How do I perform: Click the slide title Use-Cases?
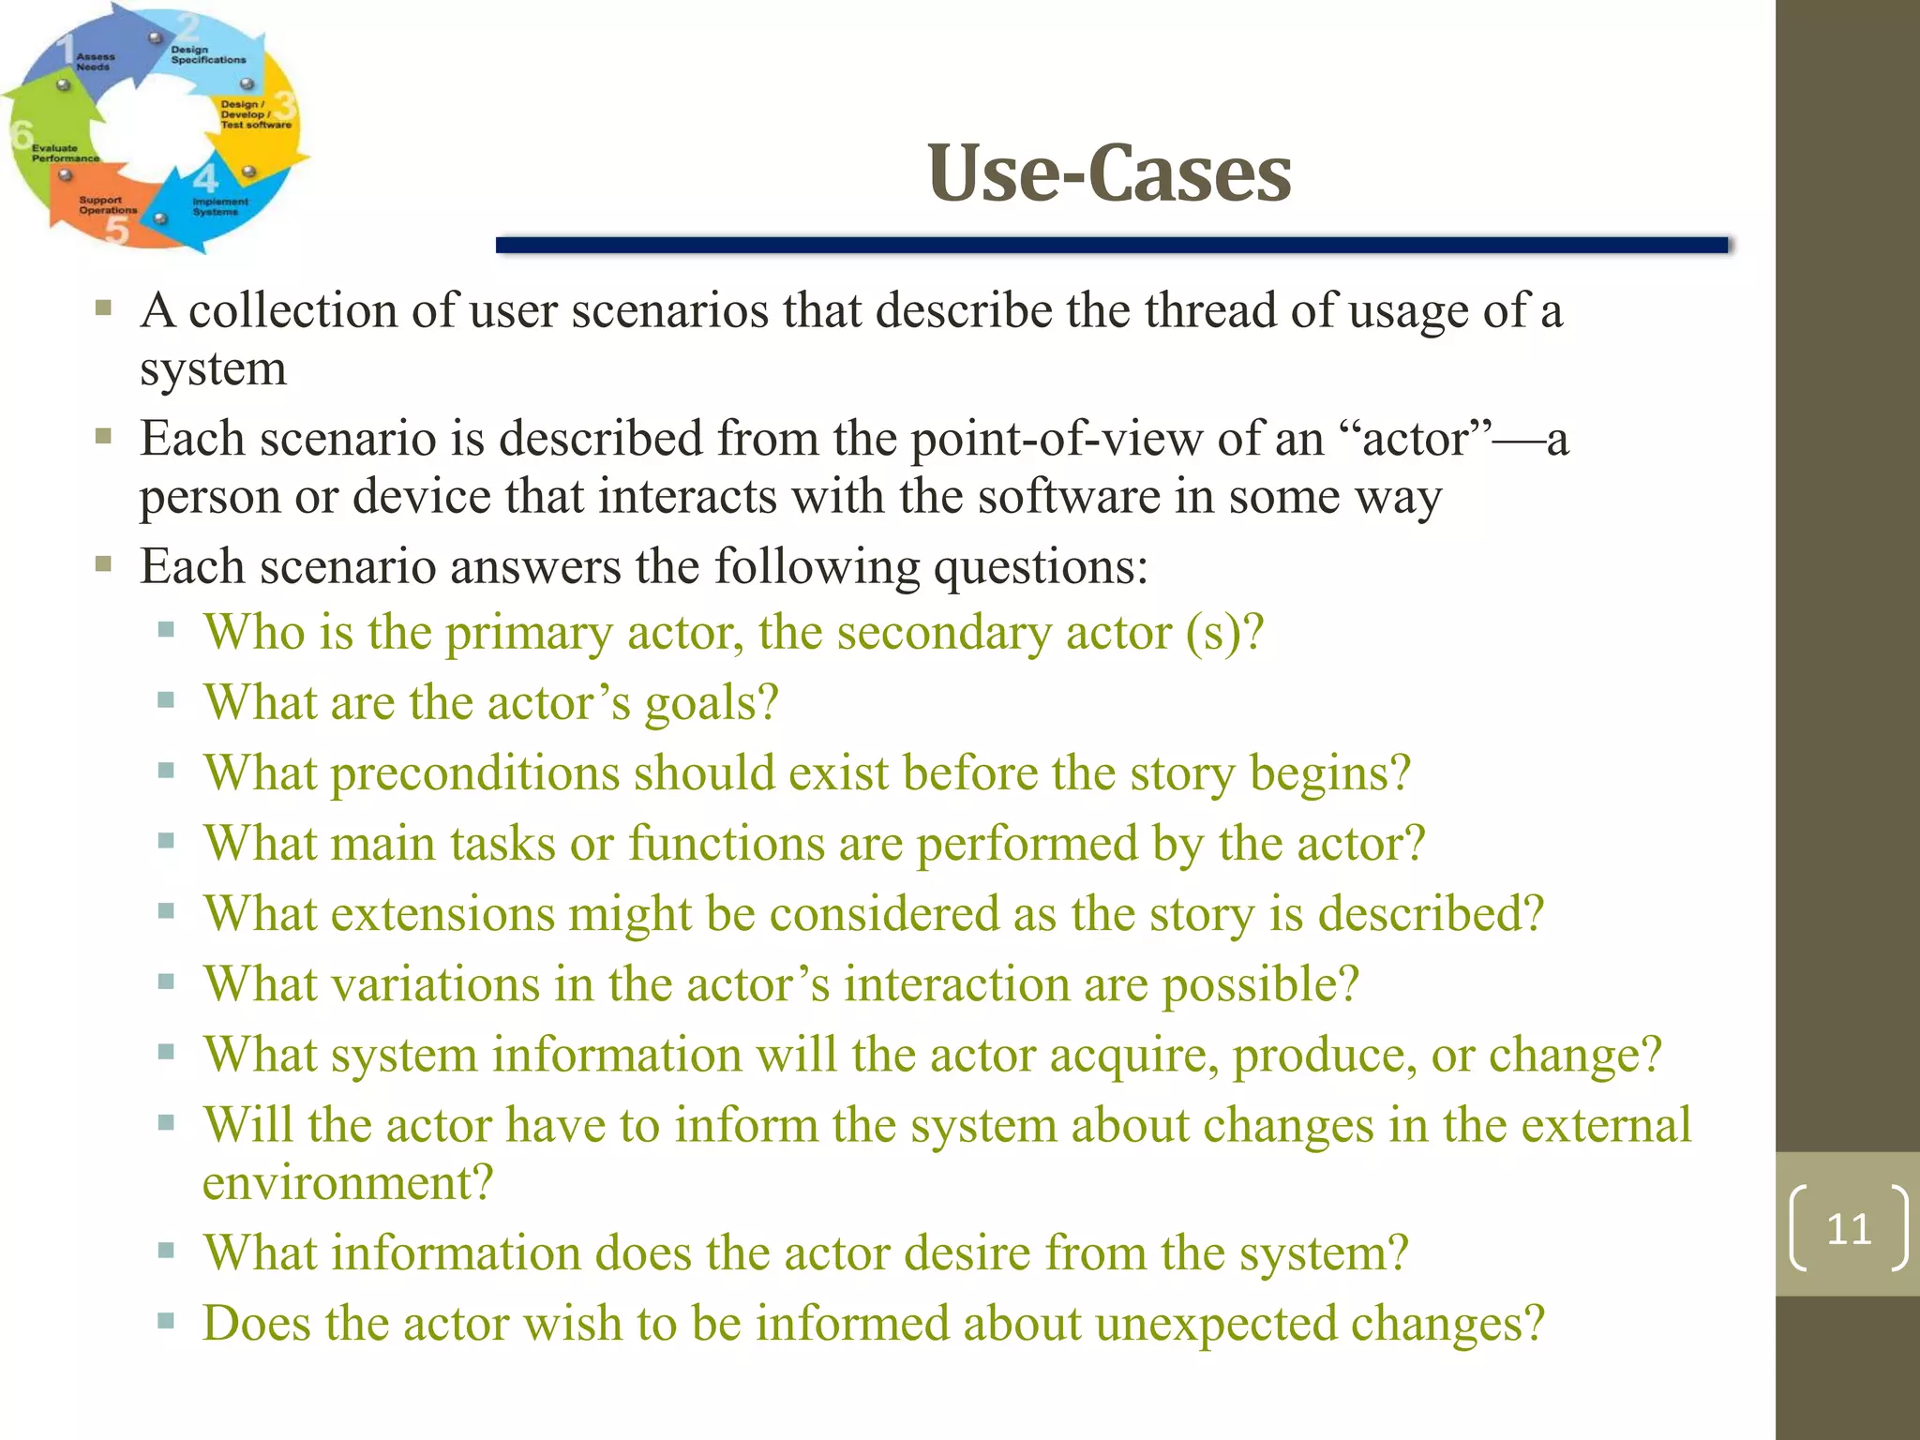click(x=1109, y=173)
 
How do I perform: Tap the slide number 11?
click(x=1848, y=1228)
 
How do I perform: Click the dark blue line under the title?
click(x=1111, y=246)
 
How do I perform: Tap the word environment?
click(x=347, y=1183)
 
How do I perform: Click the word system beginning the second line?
click(x=213, y=368)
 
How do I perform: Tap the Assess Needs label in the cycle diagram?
click(x=95, y=62)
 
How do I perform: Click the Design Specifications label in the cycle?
click(x=207, y=54)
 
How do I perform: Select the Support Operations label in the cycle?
click(x=107, y=205)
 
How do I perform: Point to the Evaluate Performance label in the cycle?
click(x=64, y=153)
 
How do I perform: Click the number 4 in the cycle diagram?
click(x=205, y=177)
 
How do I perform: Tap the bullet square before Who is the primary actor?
click(x=167, y=630)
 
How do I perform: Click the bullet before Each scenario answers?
click(x=103, y=564)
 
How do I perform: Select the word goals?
click(x=712, y=704)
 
